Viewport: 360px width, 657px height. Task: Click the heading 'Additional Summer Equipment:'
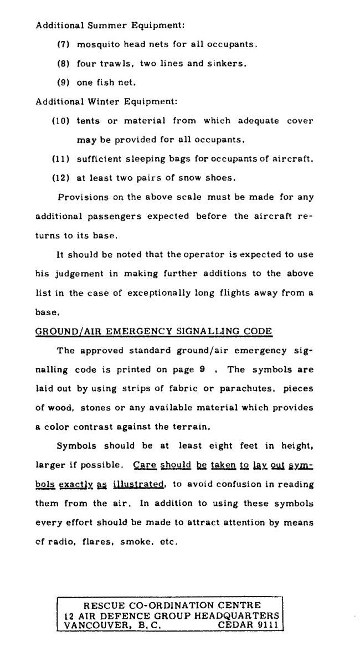(110, 25)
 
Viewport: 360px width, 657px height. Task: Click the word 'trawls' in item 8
(116, 63)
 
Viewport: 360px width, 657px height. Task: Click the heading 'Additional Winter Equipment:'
(106, 101)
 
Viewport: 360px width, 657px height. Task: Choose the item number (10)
(61, 120)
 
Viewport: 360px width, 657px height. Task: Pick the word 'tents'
(89, 120)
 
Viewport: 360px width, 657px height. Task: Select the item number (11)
(60, 159)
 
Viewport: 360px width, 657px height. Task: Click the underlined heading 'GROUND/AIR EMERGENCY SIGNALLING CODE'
(154, 331)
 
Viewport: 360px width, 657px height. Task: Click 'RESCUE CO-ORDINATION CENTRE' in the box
(171, 605)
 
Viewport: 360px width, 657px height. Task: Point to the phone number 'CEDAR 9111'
(249, 624)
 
